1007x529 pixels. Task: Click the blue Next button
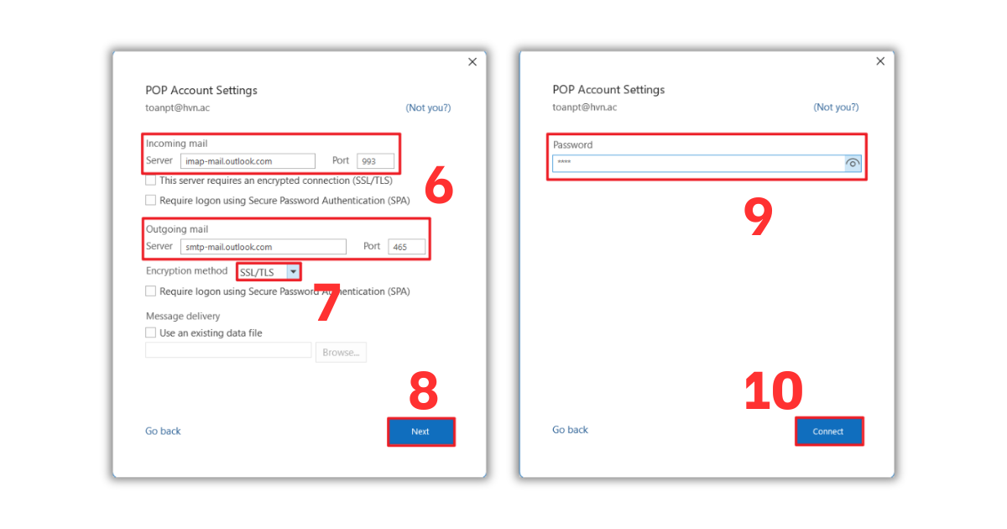pos(420,432)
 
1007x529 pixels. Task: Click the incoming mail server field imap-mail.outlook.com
pos(248,161)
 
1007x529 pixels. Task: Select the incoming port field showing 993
pos(375,161)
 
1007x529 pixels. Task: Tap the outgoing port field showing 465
pos(406,247)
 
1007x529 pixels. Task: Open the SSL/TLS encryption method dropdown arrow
pos(293,272)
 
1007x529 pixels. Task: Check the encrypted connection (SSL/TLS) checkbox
pos(151,181)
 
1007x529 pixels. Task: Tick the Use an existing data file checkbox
pos(151,333)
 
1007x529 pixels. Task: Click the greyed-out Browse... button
pos(341,353)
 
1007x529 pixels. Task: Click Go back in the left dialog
pos(163,431)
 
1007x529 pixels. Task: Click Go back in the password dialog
pos(570,430)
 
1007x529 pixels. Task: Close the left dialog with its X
pos(472,62)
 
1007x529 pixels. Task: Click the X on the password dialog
pos(880,61)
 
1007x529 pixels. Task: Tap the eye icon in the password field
pos(853,164)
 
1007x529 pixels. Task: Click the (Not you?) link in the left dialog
pos(428,107)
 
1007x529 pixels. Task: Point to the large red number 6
pos(439,186)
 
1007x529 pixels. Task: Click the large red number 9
pos(758,217)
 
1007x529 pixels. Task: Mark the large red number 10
pos(774,391)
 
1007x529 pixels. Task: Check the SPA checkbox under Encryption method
pos(151,291)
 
